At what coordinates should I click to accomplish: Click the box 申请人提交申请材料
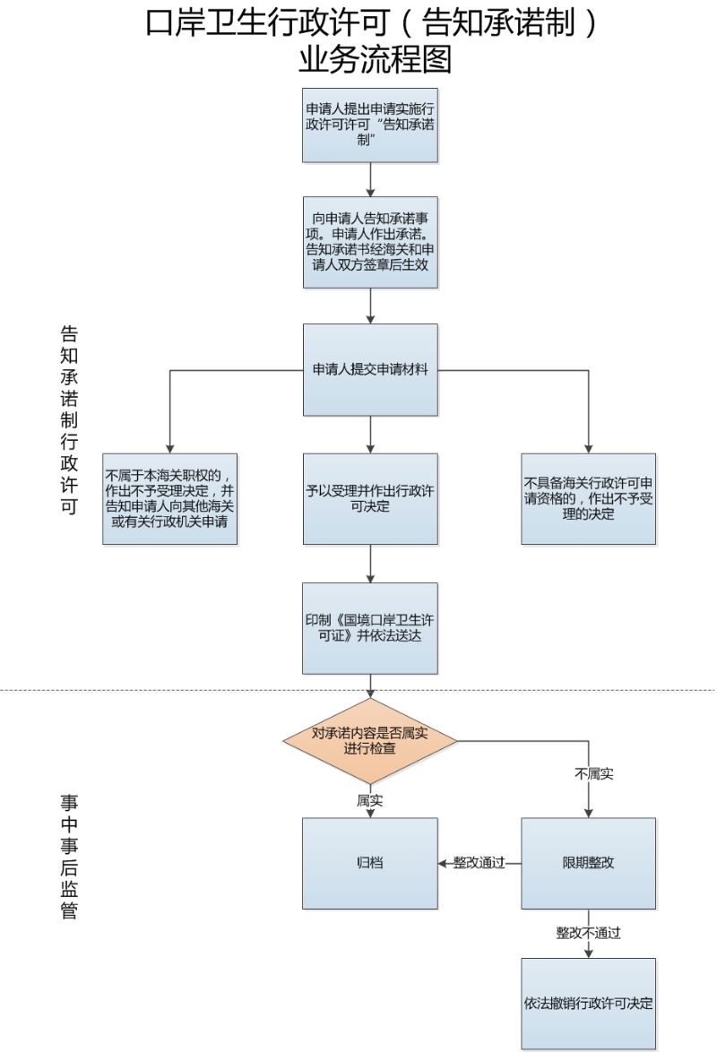click(x=370, y=370)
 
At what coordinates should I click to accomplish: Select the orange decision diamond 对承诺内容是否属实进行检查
click(x=370, y=741)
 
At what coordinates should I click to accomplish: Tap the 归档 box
click(x=370, y=863)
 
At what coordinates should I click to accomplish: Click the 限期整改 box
click(x=588, y=863)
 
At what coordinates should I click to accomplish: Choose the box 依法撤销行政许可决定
click(x=588, y=1003)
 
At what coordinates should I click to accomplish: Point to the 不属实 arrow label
click(x=594, y=773)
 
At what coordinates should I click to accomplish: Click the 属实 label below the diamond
click(x=370, y=800)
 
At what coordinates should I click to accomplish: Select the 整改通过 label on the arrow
click(x=479, y=863)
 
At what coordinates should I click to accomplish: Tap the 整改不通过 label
click(x=588, y=933)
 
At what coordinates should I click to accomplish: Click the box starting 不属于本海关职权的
click(x=170, y=498)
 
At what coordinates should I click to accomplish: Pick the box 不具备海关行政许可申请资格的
click(x=588, y=498)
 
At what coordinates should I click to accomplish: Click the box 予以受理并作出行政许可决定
click(x=370, y=498)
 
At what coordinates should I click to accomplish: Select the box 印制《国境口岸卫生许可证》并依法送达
click(x=370, y=628)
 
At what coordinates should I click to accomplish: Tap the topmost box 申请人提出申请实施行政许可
click(x=370, y=125)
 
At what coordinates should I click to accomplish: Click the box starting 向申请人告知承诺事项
click(x=370, y=242)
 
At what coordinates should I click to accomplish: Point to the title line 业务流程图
click(x=375, y=59)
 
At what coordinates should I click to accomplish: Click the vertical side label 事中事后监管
click(x=69, y=857)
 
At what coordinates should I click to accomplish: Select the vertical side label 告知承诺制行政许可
click(x=69, y=420)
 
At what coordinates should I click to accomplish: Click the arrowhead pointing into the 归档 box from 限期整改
click(x=443, y=864)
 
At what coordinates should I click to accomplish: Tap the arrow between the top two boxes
click(x=370, y=179)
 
